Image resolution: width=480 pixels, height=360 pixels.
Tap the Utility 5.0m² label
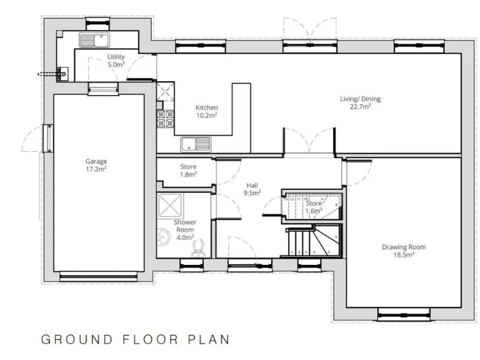[116, 61]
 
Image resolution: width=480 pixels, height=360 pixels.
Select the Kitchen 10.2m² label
[206, 111]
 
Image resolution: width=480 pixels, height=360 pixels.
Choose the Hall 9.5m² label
[252, 189]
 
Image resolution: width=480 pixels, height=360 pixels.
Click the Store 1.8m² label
[188, 170]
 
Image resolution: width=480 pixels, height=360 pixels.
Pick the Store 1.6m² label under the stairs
[314, 207]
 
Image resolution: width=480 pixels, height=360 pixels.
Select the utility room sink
[95, 41]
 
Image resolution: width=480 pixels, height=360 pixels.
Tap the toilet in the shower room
[199, 249]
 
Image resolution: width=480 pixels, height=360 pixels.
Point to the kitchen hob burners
[166, 119]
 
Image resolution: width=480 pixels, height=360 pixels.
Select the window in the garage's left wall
[47, 137]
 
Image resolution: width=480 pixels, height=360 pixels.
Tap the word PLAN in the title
[209, 341]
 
